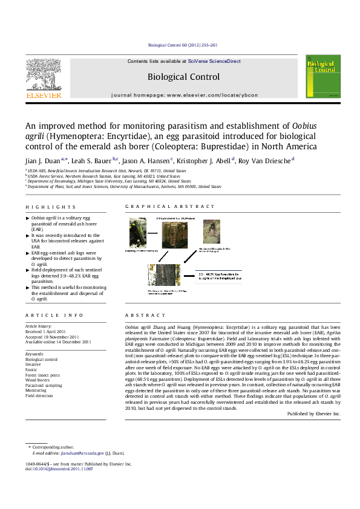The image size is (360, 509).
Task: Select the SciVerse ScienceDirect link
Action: pos(214,62)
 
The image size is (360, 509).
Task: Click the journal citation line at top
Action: pos(182,45)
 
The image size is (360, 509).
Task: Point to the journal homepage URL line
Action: pos(184,96)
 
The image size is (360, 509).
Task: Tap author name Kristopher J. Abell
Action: pos(203,161)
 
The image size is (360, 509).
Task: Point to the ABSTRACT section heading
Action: pos(145,315)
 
